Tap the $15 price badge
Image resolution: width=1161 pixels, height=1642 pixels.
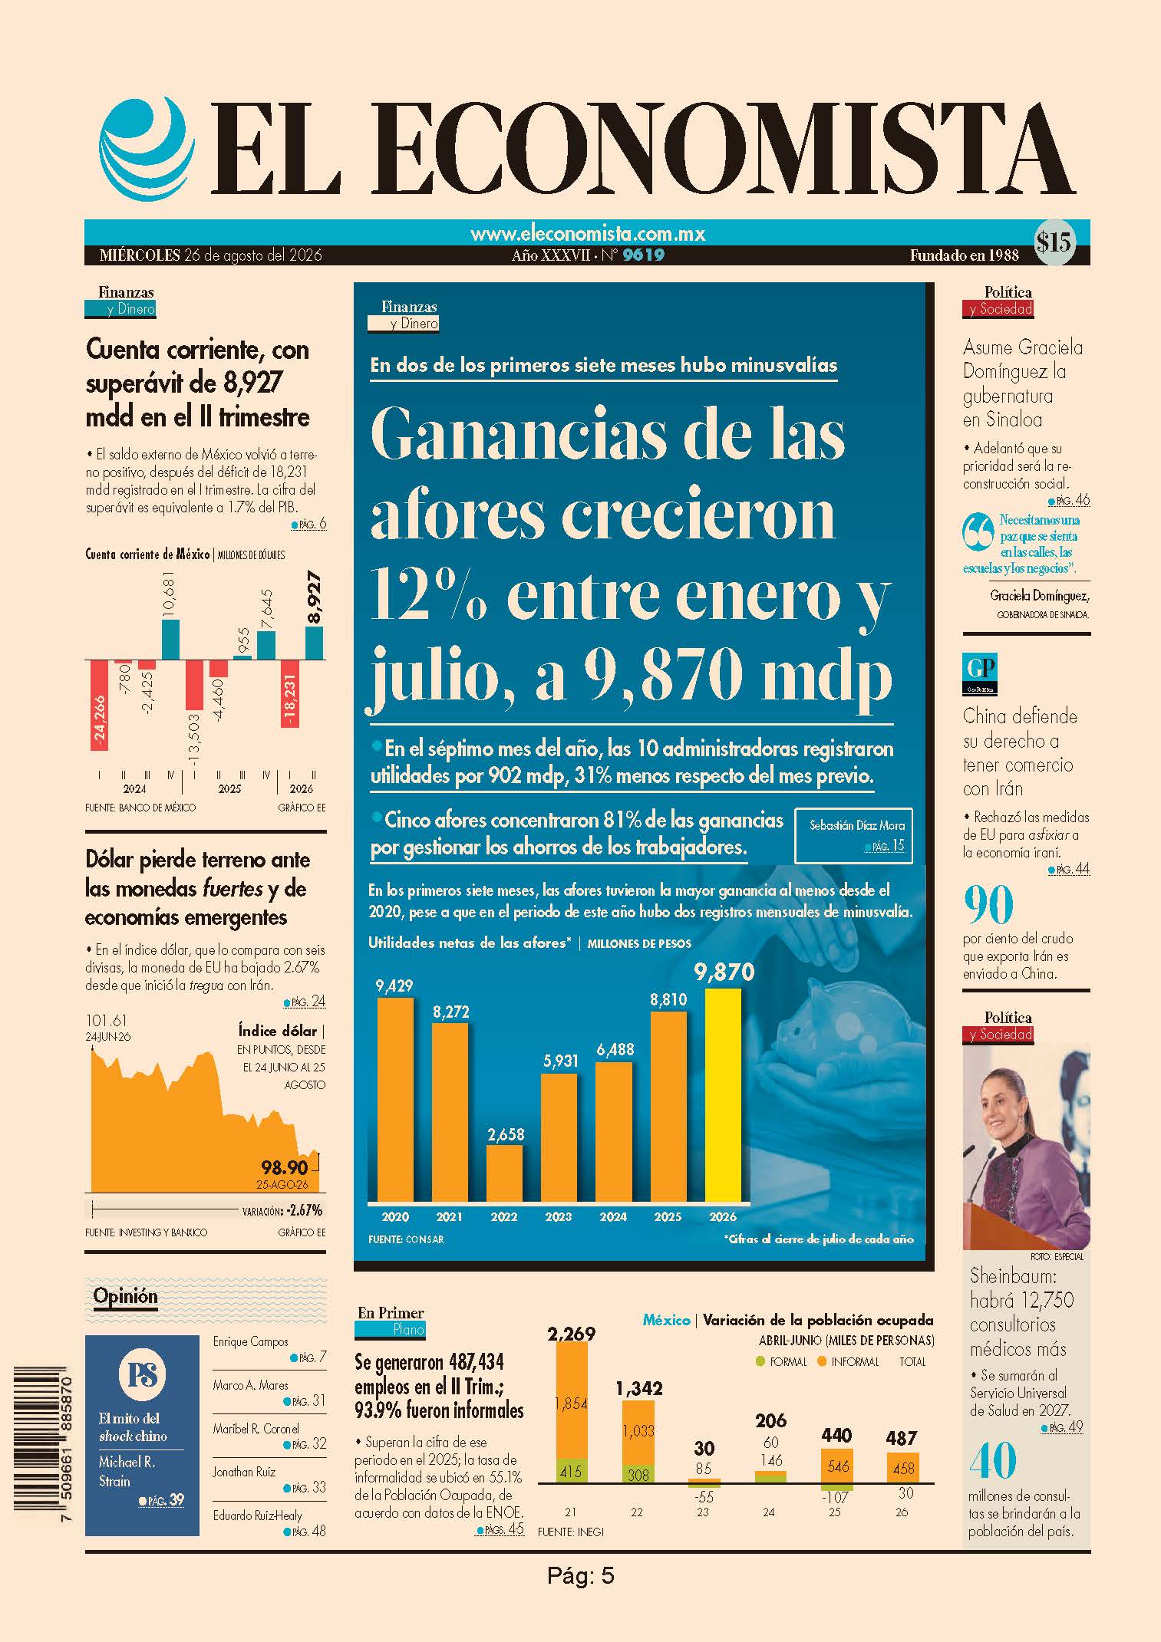point(1053,243)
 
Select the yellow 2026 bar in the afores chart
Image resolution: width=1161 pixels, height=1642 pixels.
point(723,1094)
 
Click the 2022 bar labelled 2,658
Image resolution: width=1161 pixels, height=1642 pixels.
point(505,1173)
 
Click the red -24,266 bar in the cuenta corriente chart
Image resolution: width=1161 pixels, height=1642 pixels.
point(100,705)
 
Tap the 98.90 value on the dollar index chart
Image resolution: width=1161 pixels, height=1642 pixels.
point(284,1168)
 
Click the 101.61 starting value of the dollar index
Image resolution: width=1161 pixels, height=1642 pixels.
point(107,1021)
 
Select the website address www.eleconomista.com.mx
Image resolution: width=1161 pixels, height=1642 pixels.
point(587,233)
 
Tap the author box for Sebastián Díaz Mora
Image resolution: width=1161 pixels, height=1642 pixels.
point(853,835)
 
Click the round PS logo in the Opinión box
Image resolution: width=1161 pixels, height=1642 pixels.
point(142,1375)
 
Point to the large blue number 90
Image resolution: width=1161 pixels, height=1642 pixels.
point(988,906)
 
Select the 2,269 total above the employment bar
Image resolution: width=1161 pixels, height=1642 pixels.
point(571,1334)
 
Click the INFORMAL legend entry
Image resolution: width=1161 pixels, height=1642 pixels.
point(850,1361)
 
